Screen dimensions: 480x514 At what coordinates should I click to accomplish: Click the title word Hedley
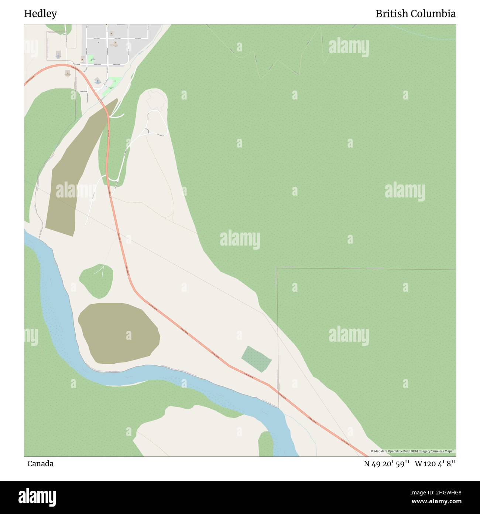tap(41, 14)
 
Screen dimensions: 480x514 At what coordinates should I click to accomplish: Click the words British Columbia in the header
tap(415, 14)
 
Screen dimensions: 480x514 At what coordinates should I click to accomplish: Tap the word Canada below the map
tap(40, 463)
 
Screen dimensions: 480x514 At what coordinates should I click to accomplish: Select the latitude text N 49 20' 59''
tap(387, 463)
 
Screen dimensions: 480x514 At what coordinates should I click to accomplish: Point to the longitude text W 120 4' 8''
tap(435, 463)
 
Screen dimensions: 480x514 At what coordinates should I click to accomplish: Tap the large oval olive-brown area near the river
tap(118, 333)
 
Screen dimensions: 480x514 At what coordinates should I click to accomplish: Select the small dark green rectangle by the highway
tap(257, 359)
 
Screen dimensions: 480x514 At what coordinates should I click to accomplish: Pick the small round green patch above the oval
tap(96, 279)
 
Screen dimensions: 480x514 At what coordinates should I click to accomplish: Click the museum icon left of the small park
tap(82, 59)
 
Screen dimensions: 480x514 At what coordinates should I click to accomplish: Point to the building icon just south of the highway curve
tap(67, 73)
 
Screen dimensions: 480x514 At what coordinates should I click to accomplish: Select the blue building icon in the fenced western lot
tap(58, 54)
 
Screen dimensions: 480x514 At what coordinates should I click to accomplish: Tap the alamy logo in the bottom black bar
tap(37, 497)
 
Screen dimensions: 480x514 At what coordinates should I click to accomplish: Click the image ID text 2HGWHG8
tap(445, 492)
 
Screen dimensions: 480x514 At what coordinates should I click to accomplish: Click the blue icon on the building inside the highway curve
tap(97, 80)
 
